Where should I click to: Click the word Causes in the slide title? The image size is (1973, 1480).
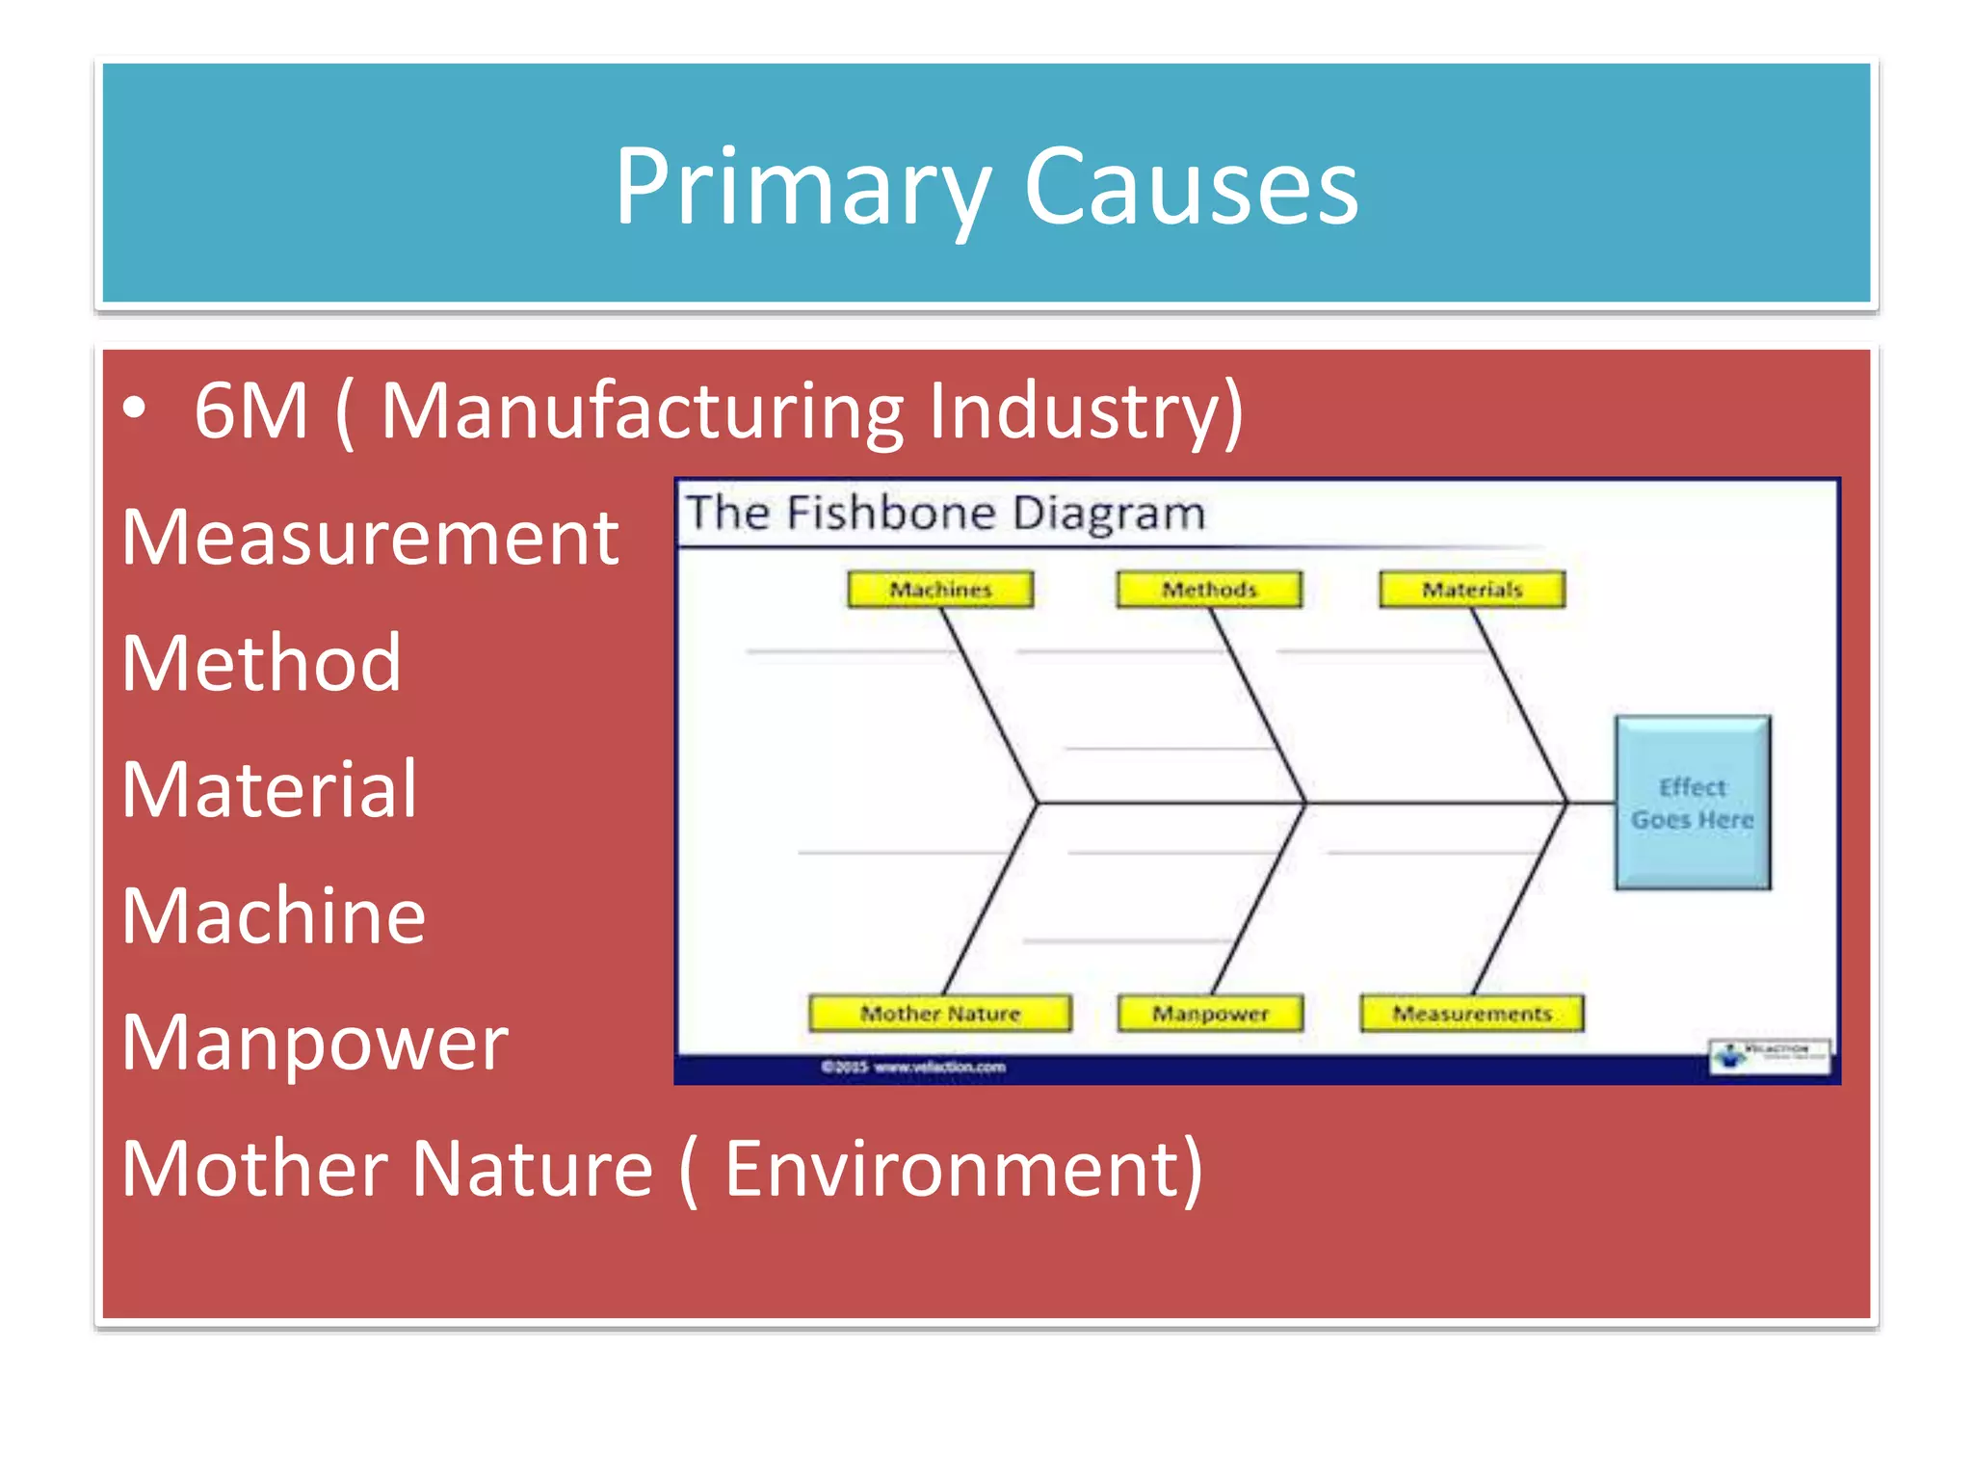[x=1191, y=188]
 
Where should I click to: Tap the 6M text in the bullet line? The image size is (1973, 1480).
[x=250, y=411]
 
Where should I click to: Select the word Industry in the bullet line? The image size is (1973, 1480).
[x=1085, y=411]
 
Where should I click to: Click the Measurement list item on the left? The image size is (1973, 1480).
[x=371, y=538]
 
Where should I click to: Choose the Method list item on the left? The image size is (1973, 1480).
[x=261, y=664]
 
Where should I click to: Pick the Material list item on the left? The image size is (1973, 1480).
[x=270, y=790]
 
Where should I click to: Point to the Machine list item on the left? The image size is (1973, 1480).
[x=274, y=916]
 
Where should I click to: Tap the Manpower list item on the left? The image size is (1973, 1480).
[x=315, y=1043]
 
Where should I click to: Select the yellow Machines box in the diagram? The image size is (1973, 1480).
[x=940, y=590]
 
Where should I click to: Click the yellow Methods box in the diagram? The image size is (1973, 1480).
[x=1209, y=590]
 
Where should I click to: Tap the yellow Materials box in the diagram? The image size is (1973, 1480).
[x=1472, y=590]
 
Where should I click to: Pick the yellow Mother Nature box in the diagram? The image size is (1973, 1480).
[x=940, y=1014]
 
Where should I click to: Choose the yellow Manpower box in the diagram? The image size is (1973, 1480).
[x=1210, y=1014]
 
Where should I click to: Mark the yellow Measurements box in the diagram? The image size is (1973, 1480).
[x=1472, y=1014]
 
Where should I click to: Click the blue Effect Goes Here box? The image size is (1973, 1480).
[x=1693, y=803]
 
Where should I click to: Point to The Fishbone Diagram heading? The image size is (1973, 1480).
[x=945, y=513]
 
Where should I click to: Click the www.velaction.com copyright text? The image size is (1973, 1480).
[x=913, y=1067]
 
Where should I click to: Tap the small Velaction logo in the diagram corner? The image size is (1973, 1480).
[x=1770, y=1055]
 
